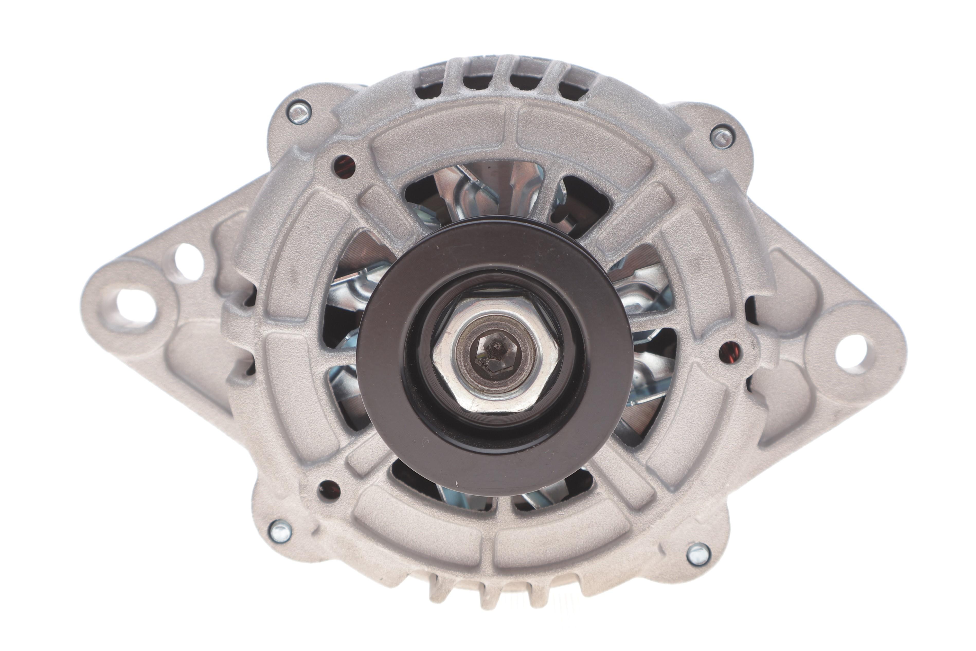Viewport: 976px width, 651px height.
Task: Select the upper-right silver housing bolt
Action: click(722, 136)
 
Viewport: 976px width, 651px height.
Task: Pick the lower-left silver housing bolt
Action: click(280, 531)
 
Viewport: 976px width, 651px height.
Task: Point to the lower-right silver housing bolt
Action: click(699, 554)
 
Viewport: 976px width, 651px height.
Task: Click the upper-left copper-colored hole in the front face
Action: click(344, 166)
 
